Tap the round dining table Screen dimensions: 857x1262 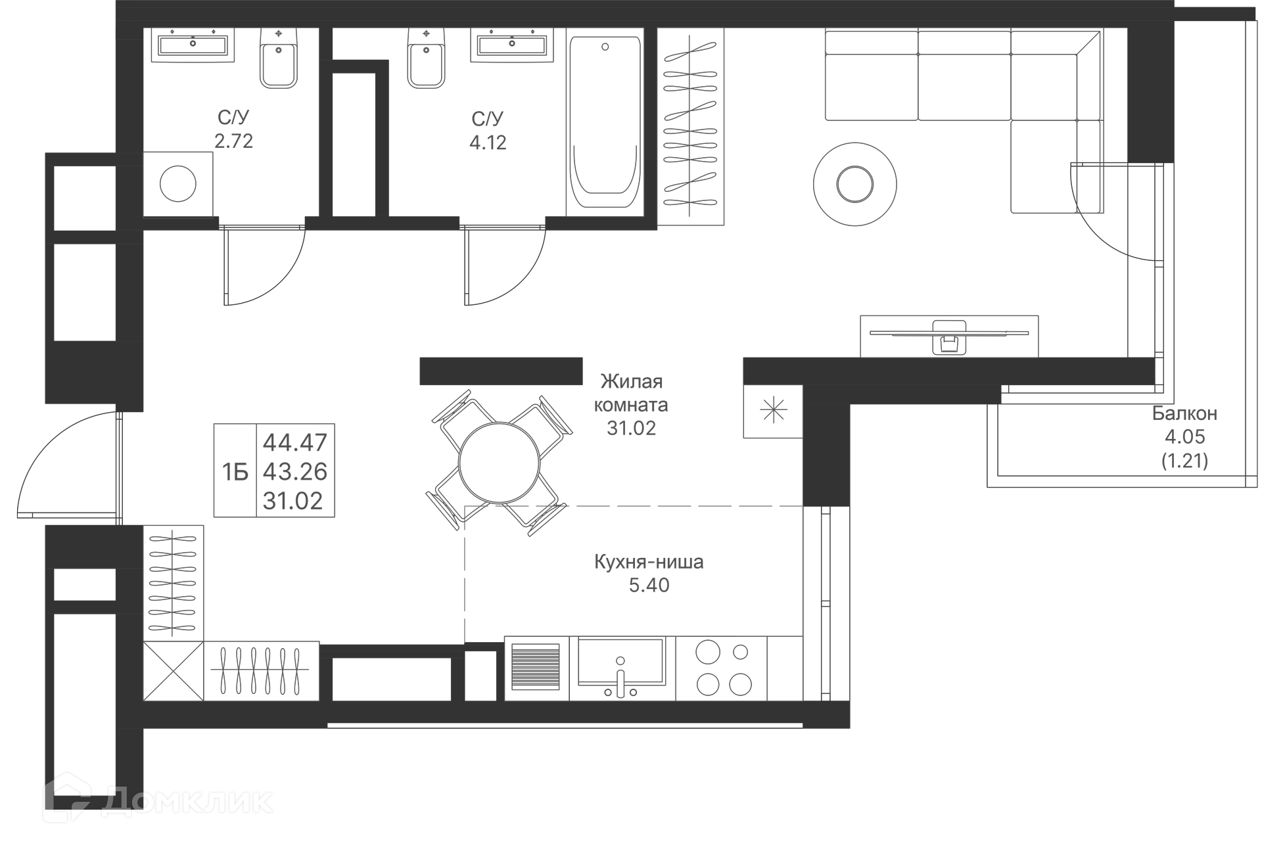click(x=500, y=463)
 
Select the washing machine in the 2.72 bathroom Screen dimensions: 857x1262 click(x=178, y=184)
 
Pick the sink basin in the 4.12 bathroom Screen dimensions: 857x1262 click(x=512, y=45)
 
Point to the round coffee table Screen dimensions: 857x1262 click(x=854, y=184)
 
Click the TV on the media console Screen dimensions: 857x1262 click(x=949, y=333)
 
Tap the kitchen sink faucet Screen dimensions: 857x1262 click(x=619, y=677)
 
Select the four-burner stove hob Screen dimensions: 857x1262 click(x=722, y=668)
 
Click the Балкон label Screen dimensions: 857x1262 click(x=1184, y=413)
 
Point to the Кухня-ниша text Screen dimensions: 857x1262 click(x=649, y=562)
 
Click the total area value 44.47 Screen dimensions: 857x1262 click(x=294, y=442)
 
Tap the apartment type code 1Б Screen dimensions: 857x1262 click(x=235, y=472)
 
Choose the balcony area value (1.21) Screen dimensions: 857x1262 click(x=1184, y=461)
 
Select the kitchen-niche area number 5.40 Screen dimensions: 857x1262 click(x=649, y=585)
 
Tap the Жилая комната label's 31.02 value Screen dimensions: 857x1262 click(x=631, y=428)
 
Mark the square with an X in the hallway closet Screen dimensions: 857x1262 click(x=174, y=671)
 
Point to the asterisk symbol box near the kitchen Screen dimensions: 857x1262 click(x=773, y=411)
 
